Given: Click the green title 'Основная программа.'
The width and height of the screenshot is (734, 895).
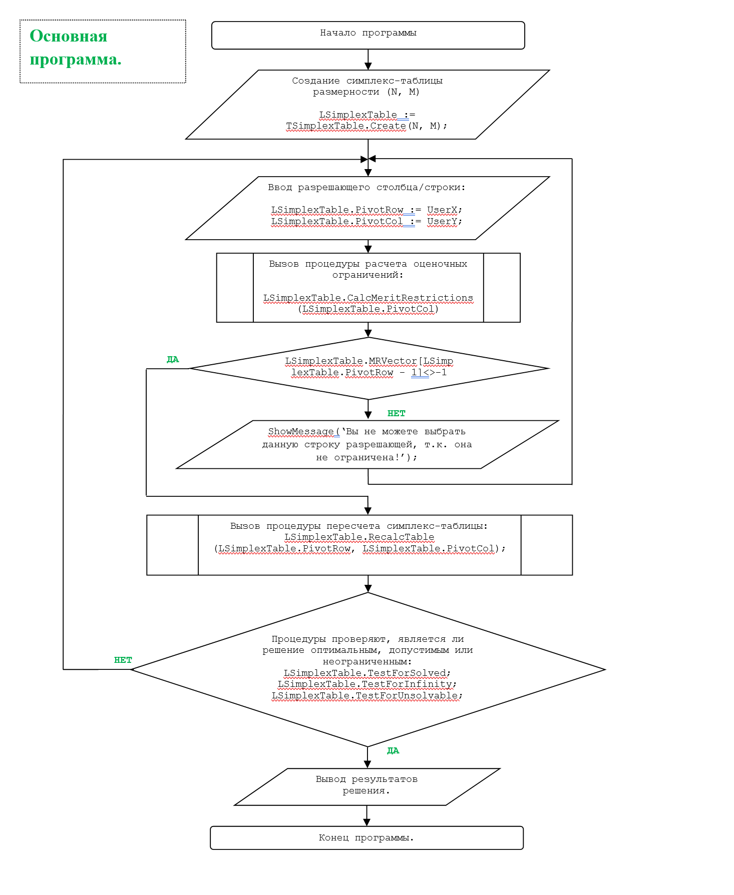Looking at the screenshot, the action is (x=76, y=48).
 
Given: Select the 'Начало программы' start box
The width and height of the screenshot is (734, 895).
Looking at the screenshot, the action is (x=368, y=35).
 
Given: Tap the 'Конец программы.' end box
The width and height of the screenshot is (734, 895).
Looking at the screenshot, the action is (x=366, y=837).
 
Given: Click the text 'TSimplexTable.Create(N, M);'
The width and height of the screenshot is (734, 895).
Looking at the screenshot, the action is (x=366, y=126).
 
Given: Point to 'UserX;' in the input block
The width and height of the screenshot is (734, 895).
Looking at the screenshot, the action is (x=445, y=210).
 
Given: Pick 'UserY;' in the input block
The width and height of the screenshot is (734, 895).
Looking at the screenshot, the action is (x=445, y=222).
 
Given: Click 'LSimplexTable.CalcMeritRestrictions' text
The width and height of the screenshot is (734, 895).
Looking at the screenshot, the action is (x=368, y=298).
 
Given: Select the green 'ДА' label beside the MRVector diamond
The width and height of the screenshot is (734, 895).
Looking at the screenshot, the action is (x=173, y=359).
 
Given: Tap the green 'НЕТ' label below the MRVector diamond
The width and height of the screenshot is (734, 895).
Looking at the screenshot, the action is (x=397, y=413).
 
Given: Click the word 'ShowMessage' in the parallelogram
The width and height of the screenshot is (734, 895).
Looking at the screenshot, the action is (x=301, y=431).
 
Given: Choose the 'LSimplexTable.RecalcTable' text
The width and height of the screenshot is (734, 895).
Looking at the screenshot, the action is (x=359, y=537).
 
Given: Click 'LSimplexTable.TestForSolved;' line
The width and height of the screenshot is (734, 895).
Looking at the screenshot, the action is (x=368, y=673).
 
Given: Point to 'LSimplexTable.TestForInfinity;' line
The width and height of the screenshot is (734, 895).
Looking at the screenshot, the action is (x=368, y=684).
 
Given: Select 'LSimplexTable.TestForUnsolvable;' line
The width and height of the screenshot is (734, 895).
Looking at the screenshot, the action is (x=368, y=696).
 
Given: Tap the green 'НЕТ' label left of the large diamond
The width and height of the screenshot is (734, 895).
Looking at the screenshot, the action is (x=123, y=660).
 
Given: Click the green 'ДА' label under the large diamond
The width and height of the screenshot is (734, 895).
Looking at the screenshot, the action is (x=393, y=750).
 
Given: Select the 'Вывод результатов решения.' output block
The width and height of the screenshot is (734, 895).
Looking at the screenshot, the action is (x=367, y=787).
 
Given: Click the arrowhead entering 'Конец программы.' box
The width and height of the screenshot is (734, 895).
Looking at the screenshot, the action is (x=366, y=822).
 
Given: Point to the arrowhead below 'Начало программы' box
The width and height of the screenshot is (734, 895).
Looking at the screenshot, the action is (x=368, y=67).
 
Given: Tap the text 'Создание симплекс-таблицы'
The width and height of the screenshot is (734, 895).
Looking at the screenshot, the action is (x=368, y=81).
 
